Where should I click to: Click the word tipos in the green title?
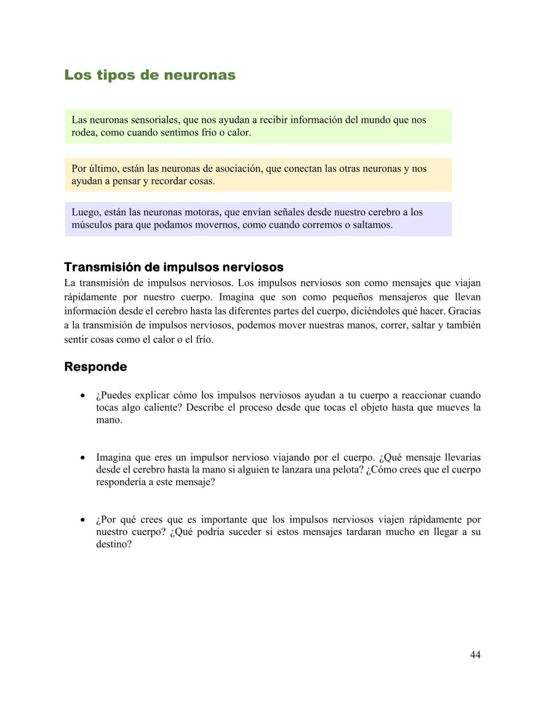coord(115,75)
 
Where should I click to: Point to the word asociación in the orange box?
coord(237,168)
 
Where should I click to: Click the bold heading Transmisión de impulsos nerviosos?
coord(174,267)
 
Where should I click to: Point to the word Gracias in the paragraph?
coord(464,311)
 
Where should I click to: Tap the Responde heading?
coord(95,367)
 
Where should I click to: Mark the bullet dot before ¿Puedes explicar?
coord(83,395)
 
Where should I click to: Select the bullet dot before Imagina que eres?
coord(83,457)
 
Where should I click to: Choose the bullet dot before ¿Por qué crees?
coord(83,519)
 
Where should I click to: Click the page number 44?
coord(475,655)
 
